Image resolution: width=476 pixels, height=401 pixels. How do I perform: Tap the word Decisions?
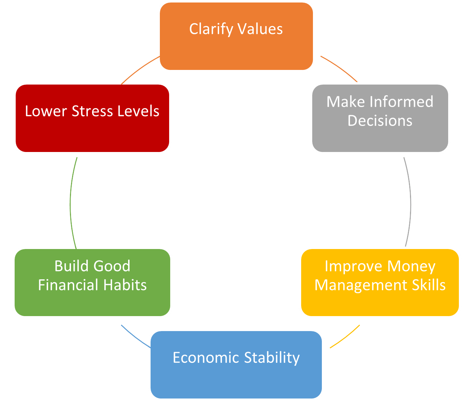coord(380,121)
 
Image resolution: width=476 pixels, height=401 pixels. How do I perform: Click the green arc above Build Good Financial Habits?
coord(71,202)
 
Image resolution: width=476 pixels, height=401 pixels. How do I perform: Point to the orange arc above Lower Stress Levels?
coord(140,69)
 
